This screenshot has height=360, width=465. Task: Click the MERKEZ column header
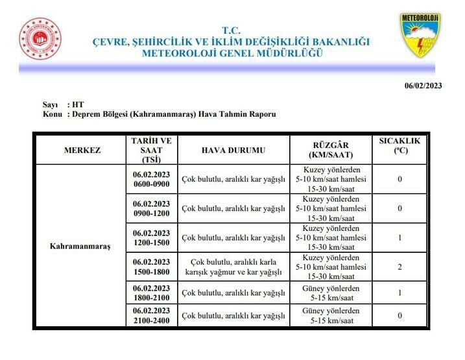(x=82, y=150)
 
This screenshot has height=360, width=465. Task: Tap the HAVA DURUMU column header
(x=233, y=150)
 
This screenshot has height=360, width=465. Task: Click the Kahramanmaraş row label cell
(x=80, y=246)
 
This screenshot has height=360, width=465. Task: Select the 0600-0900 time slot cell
(x=151, y=180)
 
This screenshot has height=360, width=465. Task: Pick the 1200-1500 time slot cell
(x=151, y=238)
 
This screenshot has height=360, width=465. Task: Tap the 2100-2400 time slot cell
(x=151, y=316)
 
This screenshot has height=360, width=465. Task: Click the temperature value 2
(x=399, y=267)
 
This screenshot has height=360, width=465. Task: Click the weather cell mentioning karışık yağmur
(x=233, y=267)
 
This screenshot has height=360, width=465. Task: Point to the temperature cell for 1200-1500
(x=399, y=238)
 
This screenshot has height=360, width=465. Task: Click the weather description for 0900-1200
(x=233, y=209)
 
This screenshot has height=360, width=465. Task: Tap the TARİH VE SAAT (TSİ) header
(x=151, y=150)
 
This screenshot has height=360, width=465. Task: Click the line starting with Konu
(x=159, y=114)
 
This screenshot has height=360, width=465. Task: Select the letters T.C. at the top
(x=231, y=30)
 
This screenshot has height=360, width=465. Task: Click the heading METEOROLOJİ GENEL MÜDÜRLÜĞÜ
(x=231, y=53)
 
